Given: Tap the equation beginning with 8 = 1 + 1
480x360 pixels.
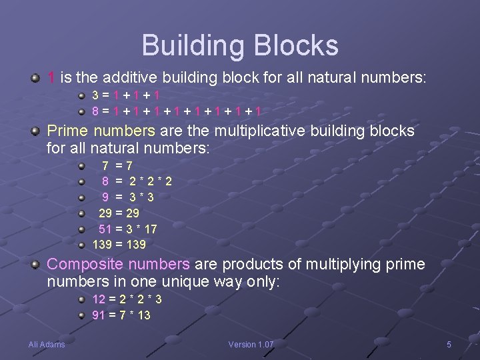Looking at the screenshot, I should pos(177,111).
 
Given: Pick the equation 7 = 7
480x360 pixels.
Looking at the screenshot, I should pos(117,165).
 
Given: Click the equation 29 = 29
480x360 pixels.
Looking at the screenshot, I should pos(119,213).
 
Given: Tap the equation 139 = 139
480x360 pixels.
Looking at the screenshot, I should pos(119,245).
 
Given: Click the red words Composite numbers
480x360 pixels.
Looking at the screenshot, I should pos(118,265).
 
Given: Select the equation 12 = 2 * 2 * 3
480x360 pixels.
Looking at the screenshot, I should pos(127,299).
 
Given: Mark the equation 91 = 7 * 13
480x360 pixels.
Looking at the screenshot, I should pos(121,315).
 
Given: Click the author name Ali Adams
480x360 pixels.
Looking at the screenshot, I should pos(47,345).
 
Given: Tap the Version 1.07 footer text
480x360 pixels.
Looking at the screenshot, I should pos(251,345).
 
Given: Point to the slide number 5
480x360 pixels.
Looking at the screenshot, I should pos(449,345).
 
